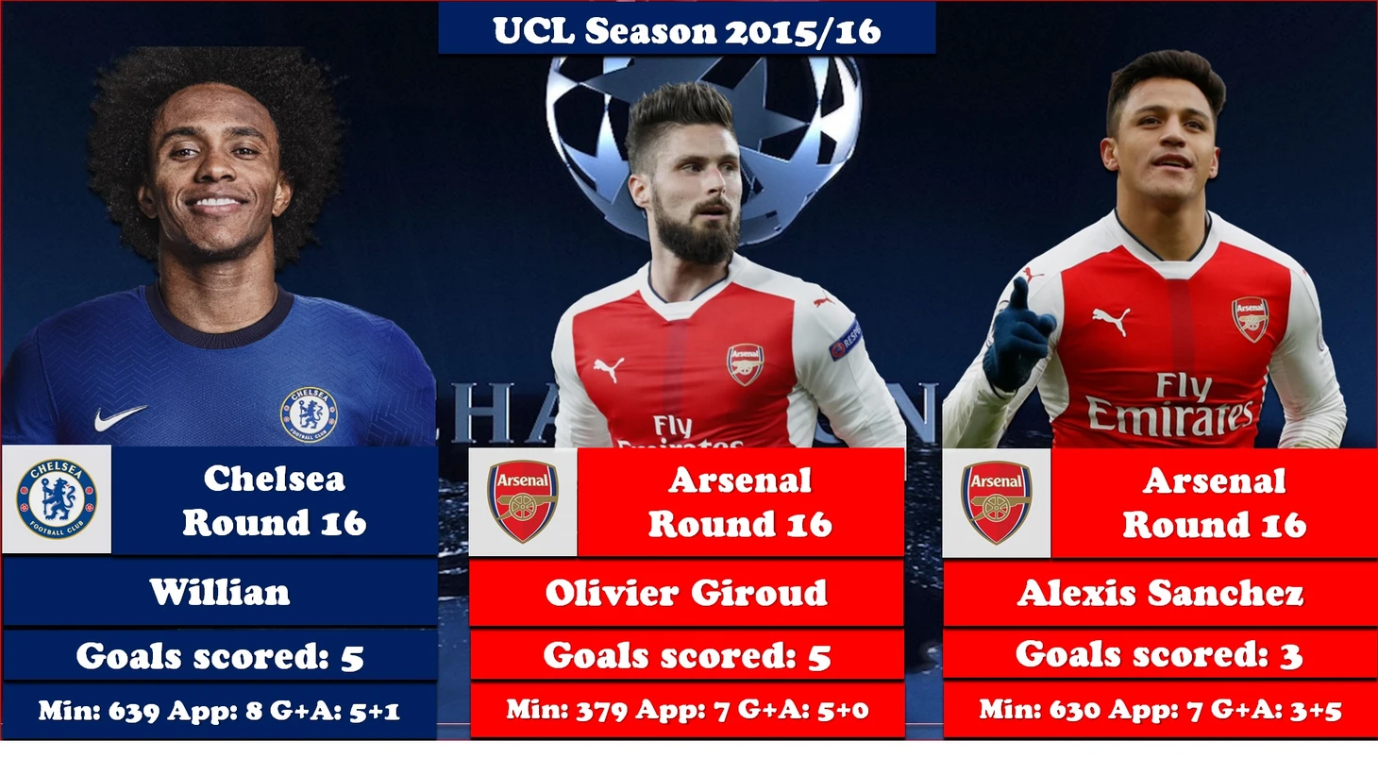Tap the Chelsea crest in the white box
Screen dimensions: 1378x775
tap(57, 498)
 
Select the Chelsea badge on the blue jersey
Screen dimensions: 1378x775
tap(309, 414)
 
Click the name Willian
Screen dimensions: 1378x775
tap(220, 592)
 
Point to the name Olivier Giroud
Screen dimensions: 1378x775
tap(686, 593)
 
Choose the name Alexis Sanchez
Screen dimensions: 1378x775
tap(1160, 593)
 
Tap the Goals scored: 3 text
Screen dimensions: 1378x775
tap(1159, 654)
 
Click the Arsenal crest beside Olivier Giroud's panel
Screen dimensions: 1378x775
tap(523, 501)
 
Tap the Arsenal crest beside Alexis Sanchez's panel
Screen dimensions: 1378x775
tap(997, 502)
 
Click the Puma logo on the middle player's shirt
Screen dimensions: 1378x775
tap(609, 369)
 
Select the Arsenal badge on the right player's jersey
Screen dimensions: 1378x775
tap(1250, 319)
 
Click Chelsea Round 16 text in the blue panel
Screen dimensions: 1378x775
tap(275, 500)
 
